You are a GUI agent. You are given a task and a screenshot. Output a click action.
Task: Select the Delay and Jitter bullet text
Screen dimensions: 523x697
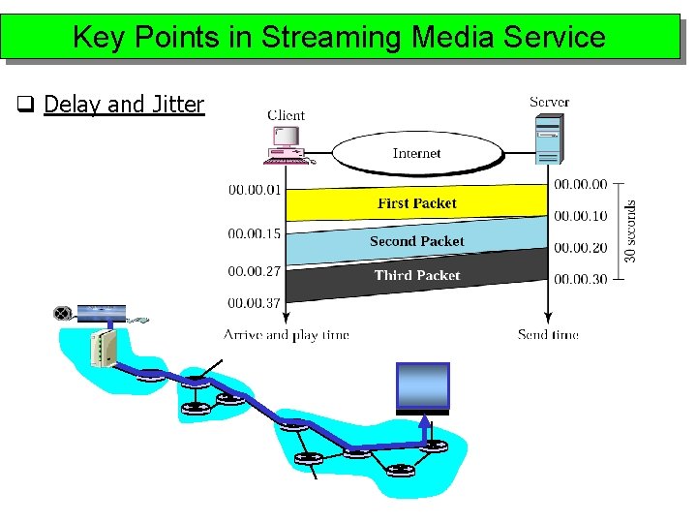pos(124,104)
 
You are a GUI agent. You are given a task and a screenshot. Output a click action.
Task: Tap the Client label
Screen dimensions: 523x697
pos(286,114)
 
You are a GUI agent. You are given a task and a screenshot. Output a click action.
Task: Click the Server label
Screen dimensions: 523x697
pos(549,101)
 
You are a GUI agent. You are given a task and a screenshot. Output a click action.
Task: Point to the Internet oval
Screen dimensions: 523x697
pos(417,153)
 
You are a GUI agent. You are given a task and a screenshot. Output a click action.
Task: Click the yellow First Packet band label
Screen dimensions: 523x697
pos(416,203)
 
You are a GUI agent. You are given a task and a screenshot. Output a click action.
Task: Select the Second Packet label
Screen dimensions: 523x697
pos(416,241)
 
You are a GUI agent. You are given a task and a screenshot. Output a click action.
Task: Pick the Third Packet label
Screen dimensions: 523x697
pos(417,275)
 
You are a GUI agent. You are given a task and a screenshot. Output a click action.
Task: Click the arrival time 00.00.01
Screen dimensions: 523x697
pos(255,190)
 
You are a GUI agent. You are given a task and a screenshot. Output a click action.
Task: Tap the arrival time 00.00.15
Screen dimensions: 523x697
pos(255,233)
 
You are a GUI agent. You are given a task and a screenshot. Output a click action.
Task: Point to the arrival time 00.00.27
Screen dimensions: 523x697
pos(255,271)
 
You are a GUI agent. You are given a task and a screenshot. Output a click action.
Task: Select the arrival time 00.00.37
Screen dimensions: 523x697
pos(255,303)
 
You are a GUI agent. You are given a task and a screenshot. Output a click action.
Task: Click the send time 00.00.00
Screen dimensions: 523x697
pos(581,184)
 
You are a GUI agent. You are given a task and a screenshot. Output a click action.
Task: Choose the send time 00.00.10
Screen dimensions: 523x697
pos(581,216)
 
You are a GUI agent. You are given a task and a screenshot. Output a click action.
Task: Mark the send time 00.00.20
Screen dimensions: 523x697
pos(581,248)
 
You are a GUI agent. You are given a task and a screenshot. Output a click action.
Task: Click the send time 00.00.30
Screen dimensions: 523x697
pos(581,279)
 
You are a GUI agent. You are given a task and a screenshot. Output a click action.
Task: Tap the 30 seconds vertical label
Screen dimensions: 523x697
pos(631,231)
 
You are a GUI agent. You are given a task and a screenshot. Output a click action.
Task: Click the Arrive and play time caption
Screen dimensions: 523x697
pos(287,335)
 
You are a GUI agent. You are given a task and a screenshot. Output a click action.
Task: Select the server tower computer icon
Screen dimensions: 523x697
pos(548,140)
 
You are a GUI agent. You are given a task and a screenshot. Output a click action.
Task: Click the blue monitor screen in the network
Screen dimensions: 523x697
pos(423,385)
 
